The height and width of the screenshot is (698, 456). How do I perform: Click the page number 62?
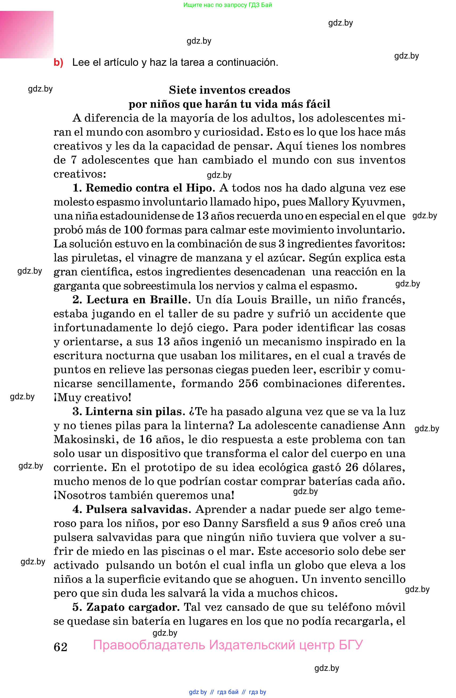click(60, 647)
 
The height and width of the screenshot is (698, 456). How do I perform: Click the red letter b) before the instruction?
click(58, 63)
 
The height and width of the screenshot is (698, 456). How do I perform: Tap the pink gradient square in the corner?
click(26, 34)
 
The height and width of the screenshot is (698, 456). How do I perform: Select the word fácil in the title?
click(318, 104)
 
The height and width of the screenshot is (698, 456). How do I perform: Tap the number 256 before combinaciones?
click(248, 384)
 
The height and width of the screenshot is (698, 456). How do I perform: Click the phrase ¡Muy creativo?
click(92, 398)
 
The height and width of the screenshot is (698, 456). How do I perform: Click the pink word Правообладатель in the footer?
click(149, 645)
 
